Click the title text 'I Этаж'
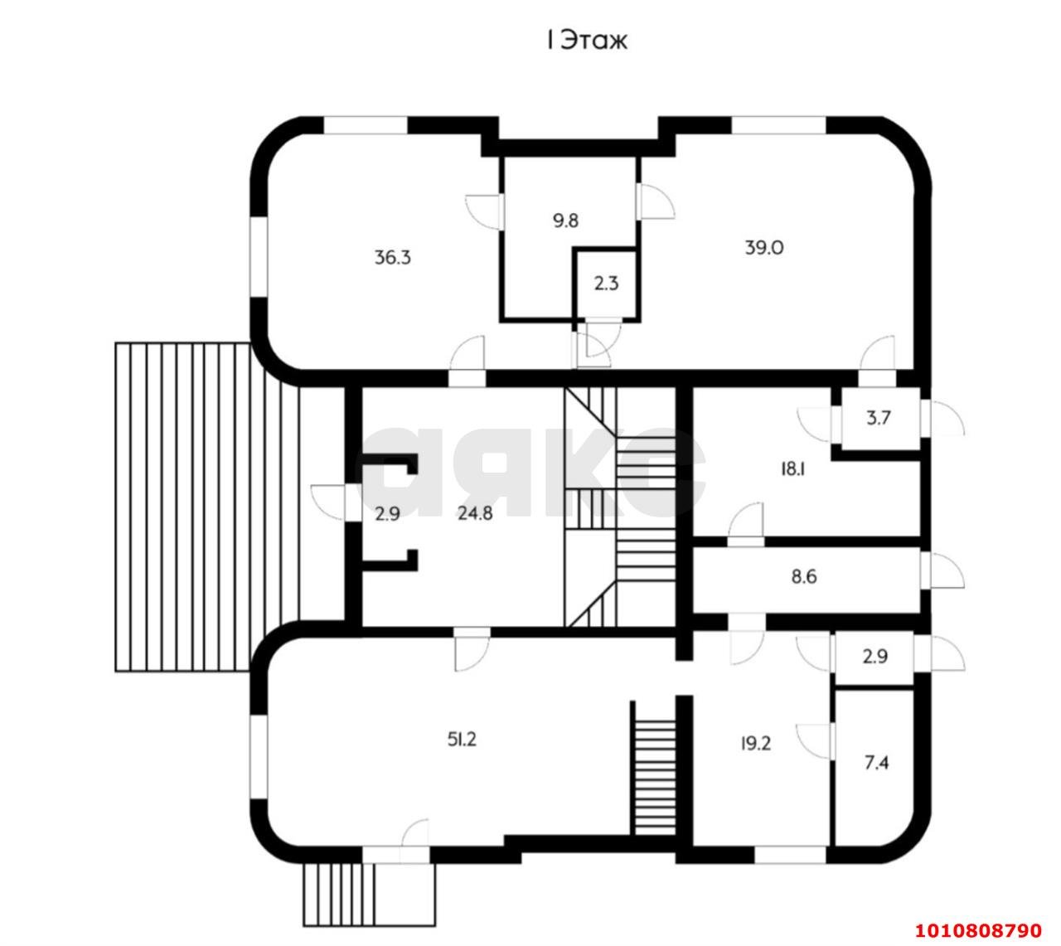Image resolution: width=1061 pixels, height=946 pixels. pos(585,40)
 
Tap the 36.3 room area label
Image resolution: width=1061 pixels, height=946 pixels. pos(392,257)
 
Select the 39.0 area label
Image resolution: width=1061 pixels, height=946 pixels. pos(763,247)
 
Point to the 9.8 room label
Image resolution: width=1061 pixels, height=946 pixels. pos(565,221)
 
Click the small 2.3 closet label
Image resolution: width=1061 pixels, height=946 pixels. pos(606,284)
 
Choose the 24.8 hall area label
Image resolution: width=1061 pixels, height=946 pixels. pos(475,513)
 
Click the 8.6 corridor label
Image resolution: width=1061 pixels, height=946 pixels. pos(804,575)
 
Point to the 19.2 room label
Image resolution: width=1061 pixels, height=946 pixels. pos(755,744)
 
